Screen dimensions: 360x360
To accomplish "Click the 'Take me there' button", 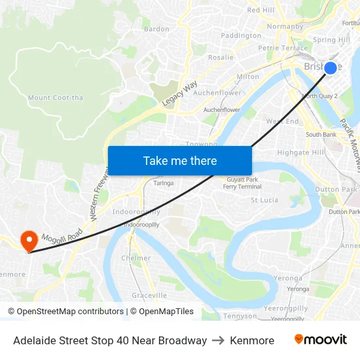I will point(180,160).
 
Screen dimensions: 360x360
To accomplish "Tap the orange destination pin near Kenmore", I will point(29,241).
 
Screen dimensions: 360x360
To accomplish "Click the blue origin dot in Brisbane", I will point(331,68).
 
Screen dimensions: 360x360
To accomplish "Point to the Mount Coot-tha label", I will point(56,98).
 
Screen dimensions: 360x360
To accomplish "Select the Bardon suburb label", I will point(156,29).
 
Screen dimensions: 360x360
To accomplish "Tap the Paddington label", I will point(241,36).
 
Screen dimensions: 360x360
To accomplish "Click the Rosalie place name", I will point(221,58).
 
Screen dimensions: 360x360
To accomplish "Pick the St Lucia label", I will point(265,200).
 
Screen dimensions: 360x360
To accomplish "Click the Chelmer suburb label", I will point(135,259).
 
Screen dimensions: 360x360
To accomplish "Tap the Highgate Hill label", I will point(300,153).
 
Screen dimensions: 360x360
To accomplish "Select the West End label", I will point(282,122).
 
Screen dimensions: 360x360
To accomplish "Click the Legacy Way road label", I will point(180,94).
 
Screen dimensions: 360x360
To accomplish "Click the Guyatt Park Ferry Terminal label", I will point(242,183).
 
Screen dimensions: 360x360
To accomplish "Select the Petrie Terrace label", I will point(283,48).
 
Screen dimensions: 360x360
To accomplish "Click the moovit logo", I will point(320,340).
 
